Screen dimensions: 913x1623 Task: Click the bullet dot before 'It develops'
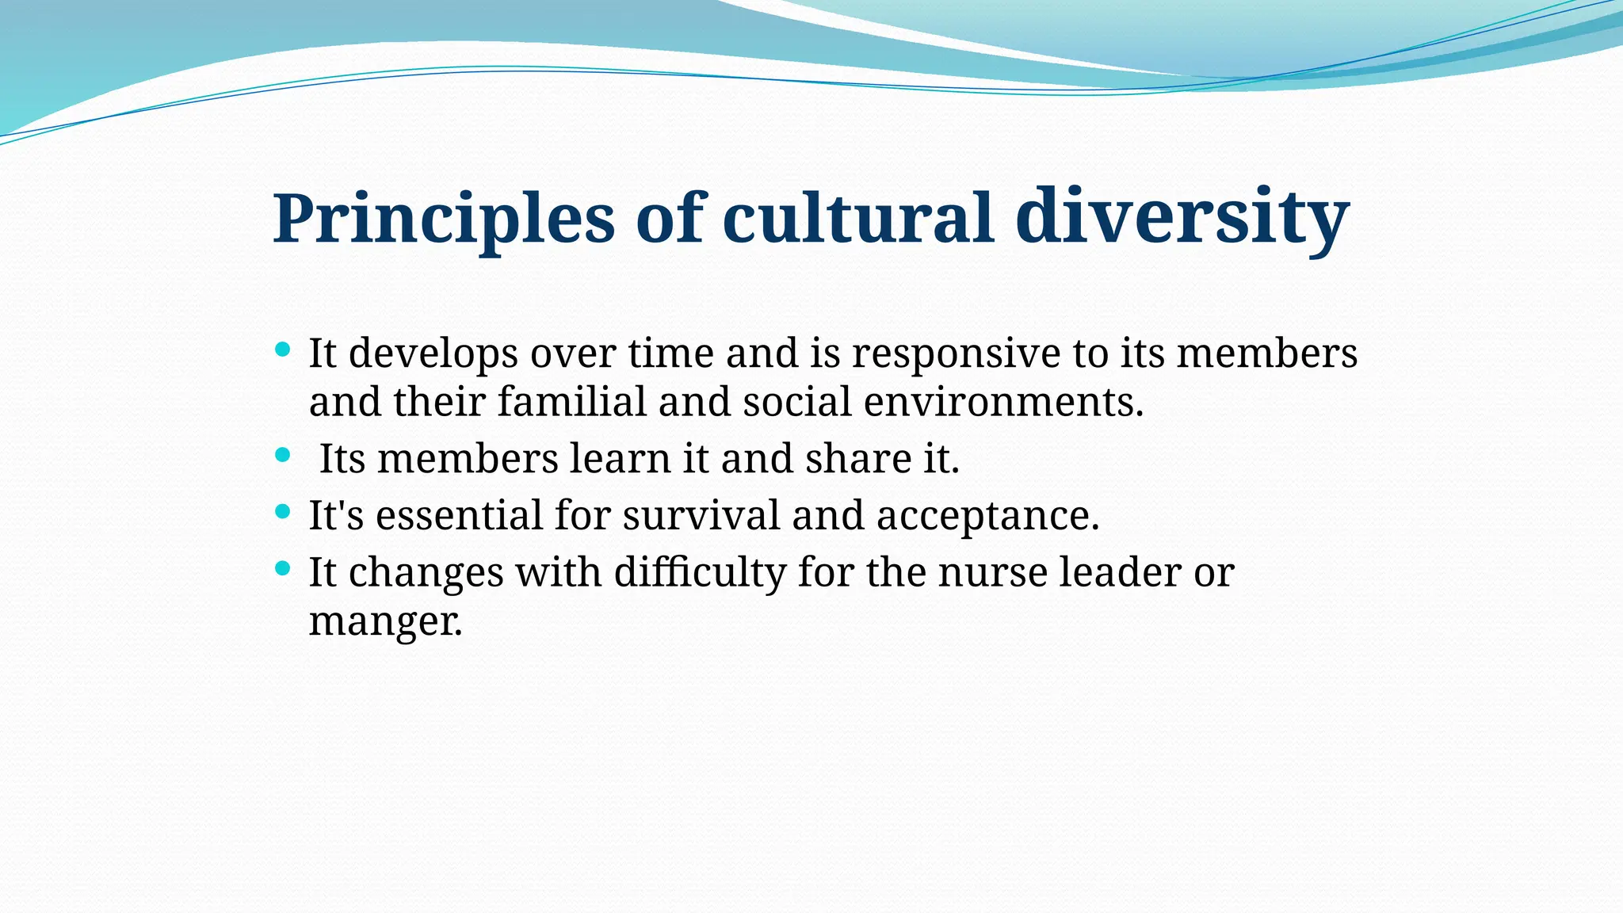[283, 349]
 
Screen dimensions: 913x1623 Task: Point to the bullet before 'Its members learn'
[283, 455]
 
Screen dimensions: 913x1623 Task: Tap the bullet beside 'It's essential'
[283, 511]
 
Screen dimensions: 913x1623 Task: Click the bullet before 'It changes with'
[283, 568]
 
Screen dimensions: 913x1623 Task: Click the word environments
[1003, 402]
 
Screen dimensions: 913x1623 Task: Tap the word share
[858, 459]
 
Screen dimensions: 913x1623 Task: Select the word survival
[701, 516]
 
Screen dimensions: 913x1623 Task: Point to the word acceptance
[987, 516]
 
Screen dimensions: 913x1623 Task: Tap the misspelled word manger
[385, 622]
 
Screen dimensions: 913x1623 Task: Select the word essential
[459, 516]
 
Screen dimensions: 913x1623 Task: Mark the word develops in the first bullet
[433, 353]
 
